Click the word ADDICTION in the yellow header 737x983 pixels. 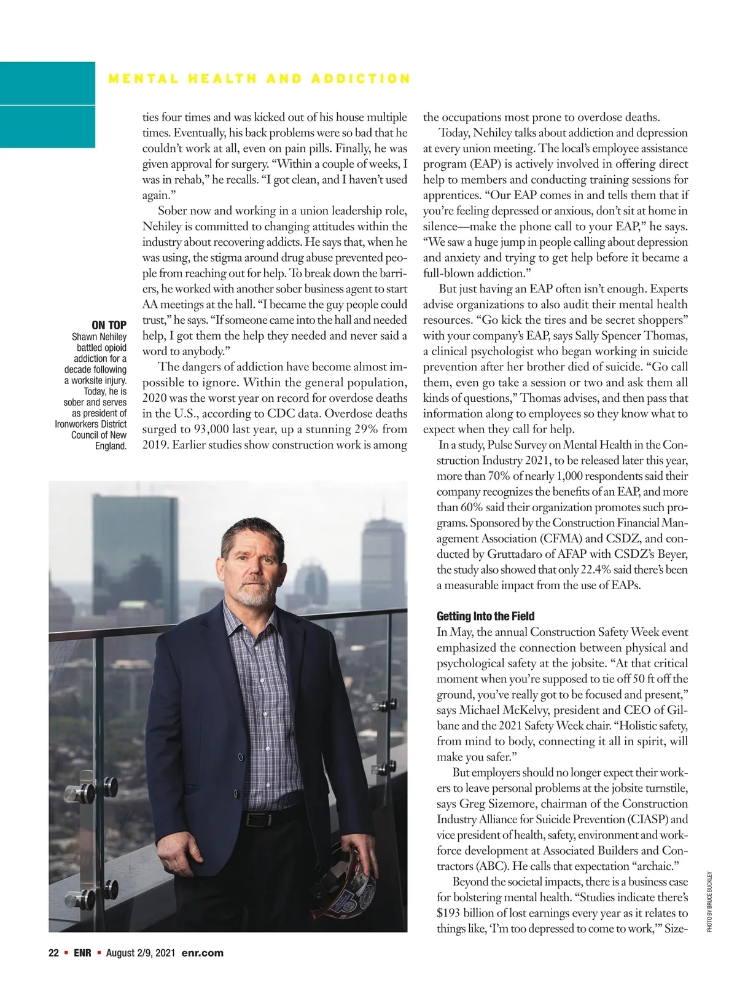(361, 79)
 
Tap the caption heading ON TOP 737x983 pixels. (109, 325)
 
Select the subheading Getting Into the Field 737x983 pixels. (485, 616)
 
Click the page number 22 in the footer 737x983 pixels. (53, 953)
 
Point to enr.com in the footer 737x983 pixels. (203, 953)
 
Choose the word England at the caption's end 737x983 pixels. (111, 445)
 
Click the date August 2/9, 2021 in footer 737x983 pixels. (141, 953)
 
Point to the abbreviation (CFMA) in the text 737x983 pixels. (563, 538)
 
